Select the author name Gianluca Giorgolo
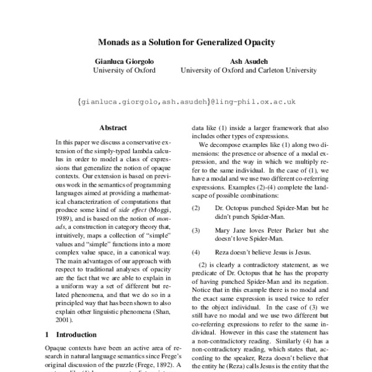(x=123, y=61)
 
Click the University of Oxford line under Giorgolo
(x=123, y=71)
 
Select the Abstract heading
(x=113, y=127)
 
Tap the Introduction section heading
(x=81, y=334)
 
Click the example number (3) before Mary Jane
(x=196, y=230)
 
